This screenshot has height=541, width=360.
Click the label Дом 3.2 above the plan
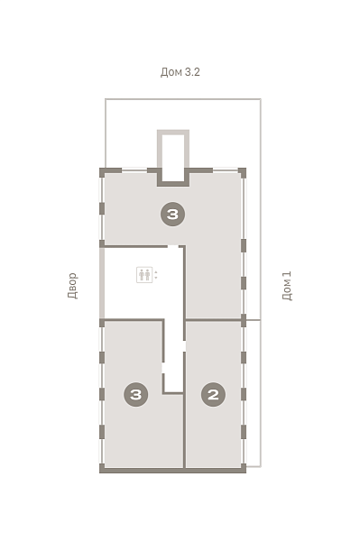pyautogui.click(x=180, y=72)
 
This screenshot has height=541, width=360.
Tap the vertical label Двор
pyautogui.click(x=73, y=285)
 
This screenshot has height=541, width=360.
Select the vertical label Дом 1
pyautogui.click(x=287, y=286)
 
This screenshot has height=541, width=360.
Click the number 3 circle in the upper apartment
pyautogui.click(x=173, y=215)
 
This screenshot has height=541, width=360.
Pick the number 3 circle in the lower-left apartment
pyautogui.click(x=136, y=394)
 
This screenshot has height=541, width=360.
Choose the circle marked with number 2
pyautogui.click(x=213, y=394)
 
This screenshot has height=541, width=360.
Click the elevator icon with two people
pyautogui.click(x=144, y=275)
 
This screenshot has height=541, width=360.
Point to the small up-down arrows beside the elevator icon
pyautogui.click(x=156, y=275)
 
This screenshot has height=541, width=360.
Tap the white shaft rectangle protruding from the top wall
pyautogui.click(x=173, y=157)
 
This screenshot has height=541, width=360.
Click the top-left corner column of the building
pyautogui.click(x=102, y=172)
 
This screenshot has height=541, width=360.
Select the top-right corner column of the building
pyautogui.click(x=243, y=172)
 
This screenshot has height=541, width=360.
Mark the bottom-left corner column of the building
pyautogui.click(x=102, y=468)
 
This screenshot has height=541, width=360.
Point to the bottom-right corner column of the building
pyautogui.click(x=244, y=468)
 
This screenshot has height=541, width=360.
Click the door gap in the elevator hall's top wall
pyautogui.click(x=173, y=246)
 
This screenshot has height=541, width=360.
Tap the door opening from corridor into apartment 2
pyautogui.click(x=184, y=346)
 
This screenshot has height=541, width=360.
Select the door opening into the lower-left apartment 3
pyautogui.click(x=163, y=368)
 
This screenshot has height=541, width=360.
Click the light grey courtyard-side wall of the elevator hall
pyautogui.click(x=102, y=283)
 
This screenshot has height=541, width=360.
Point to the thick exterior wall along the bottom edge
pyautogui.click(x=173, y=471)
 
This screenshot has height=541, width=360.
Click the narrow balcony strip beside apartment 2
pyautogui.click(x=254, y=393)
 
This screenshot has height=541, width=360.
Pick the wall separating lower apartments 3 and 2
pyautogui.click(x=184, y=430)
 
